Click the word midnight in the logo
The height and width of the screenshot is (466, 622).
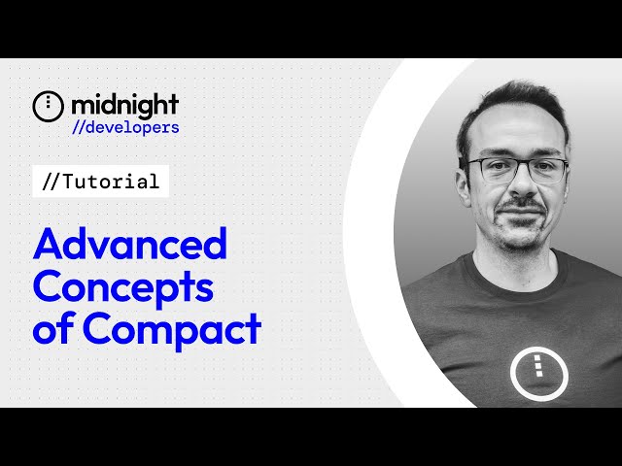coord(124,105)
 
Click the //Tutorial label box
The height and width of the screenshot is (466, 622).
coord(100,182)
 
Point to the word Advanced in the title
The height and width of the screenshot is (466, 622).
coord(129,244)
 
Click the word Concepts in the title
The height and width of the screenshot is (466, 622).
coord(123,286)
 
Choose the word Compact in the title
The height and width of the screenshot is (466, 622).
coord(172,329)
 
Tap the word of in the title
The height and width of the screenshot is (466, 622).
coord(54,329)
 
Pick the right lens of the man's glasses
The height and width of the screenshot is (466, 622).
coord(545,171)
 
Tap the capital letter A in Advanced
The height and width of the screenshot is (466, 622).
coord(49,244)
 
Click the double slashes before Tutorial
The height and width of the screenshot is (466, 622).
coord(52,182)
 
